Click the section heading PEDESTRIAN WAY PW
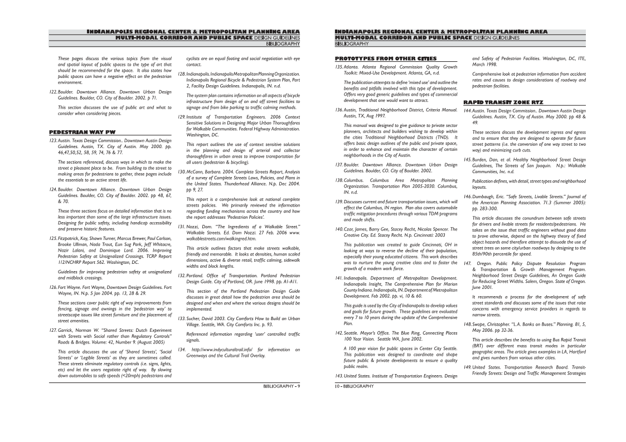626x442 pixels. click(x=82, y=132)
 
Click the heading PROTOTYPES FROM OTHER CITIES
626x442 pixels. click(x=385, y=58)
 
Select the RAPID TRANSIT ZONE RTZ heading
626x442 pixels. click(x=503, y=102)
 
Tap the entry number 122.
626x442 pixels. click(x=53, y=91)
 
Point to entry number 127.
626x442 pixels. click(x=53, y=330)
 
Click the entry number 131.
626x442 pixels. click(x=181, y=227)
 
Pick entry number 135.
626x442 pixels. click(x=338, y=67)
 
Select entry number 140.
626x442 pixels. click(x=338, y=229)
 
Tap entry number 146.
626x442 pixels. click(x=467, y=197)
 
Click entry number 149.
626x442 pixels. click(x=467, y=367)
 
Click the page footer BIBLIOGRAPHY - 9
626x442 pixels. click(x=282, y=386)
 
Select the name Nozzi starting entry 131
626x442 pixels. click(x=195, y=227)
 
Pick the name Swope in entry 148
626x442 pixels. click(x=481, y=324)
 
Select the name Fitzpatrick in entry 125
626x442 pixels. click(x=71, y=238)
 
